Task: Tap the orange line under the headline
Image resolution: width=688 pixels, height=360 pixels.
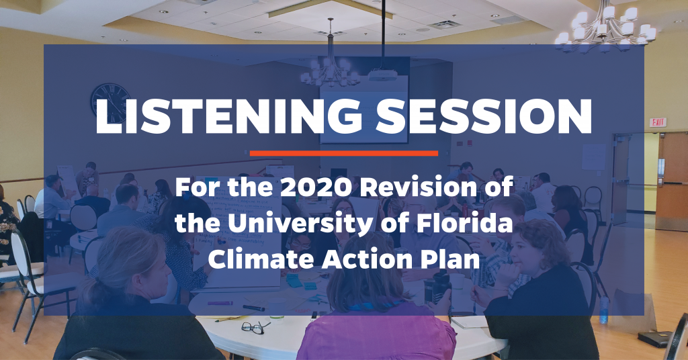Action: (x=344, y=153)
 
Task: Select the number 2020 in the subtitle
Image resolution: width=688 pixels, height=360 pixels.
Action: (x=316, y=187)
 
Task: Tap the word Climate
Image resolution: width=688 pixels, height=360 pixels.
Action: (x=262, y=259)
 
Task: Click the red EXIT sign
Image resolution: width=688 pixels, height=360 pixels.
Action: (x=658, y=122)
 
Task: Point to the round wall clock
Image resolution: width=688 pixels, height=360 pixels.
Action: (x=111, y=103)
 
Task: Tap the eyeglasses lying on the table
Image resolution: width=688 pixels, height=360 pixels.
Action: (x=256, y=327)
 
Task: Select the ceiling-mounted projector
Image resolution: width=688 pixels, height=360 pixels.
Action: (x=382, y=76)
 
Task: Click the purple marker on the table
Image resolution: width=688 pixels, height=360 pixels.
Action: (x=220, y=303)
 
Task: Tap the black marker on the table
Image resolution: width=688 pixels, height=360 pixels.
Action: (x=253, y=308)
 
